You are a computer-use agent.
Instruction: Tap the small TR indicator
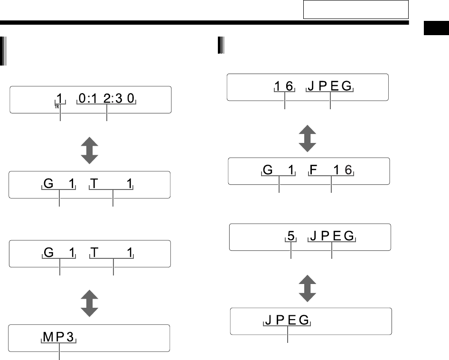(56, 107)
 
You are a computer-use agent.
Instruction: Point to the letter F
(313, 170)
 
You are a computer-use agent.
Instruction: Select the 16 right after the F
(344, 170)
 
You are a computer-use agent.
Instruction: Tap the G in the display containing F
(268, 170)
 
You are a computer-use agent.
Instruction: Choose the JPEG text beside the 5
(332, 236)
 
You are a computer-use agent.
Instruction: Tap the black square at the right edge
(435, 29)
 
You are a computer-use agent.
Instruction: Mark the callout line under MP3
(59, 353)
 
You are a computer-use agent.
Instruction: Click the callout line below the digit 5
(291, 252)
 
